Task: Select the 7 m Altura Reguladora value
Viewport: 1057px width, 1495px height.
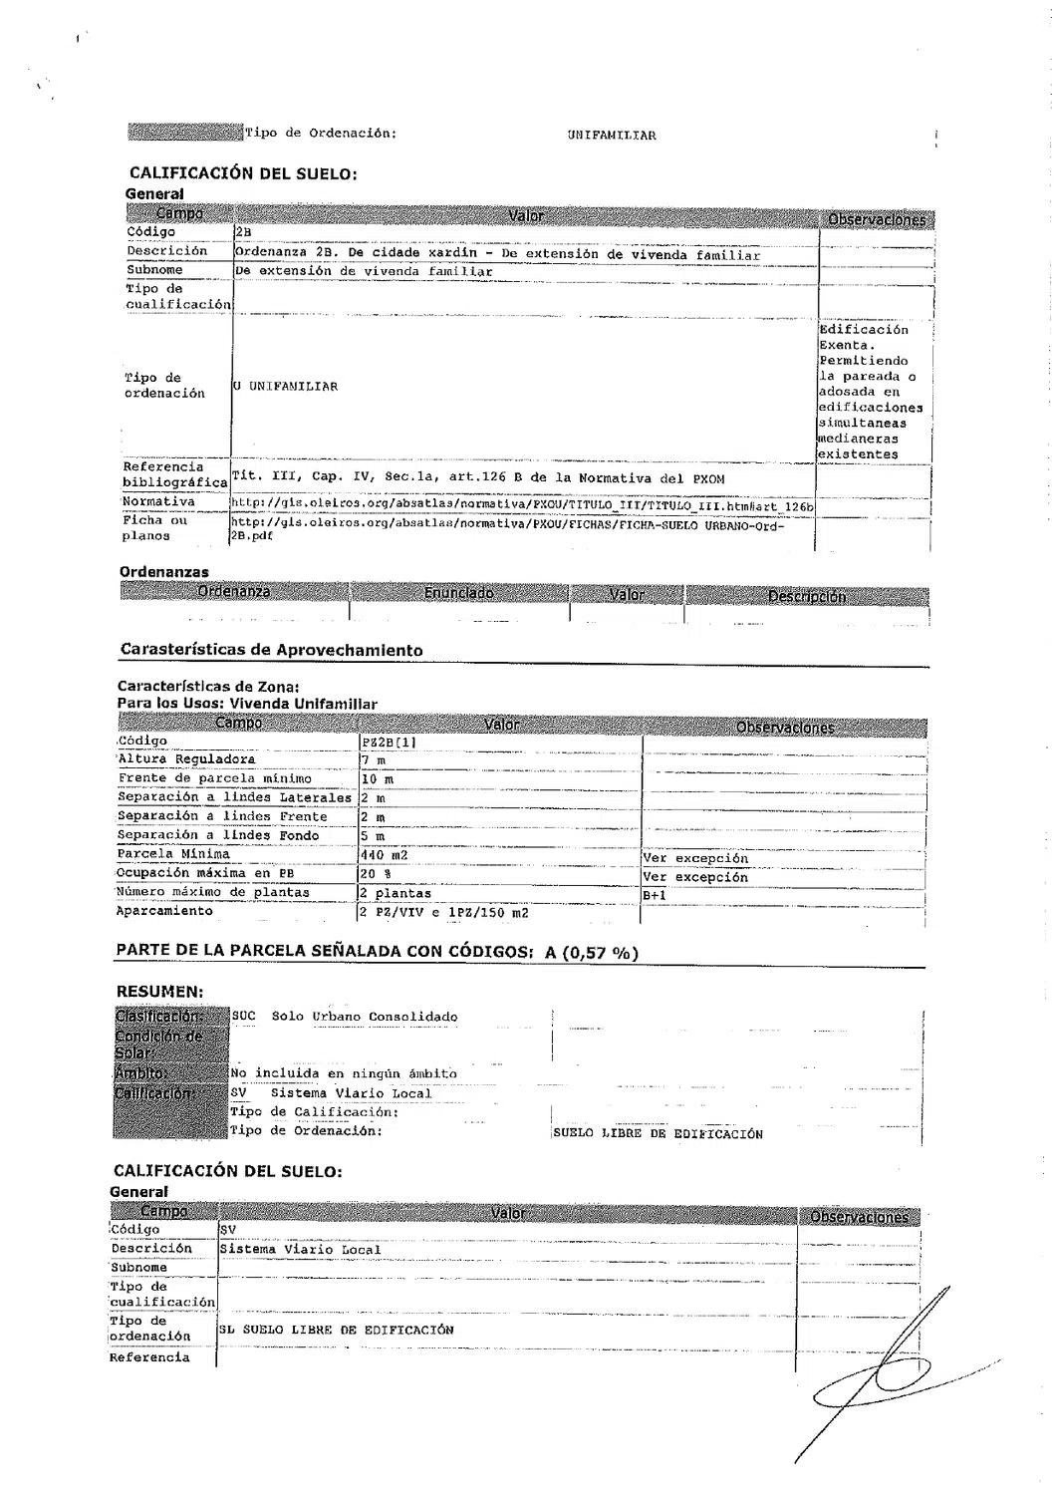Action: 374,760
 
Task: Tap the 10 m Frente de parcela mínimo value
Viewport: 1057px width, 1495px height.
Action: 378,779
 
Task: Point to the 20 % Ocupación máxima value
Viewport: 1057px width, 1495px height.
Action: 374,874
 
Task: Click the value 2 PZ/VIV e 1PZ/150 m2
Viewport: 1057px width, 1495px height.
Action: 444,913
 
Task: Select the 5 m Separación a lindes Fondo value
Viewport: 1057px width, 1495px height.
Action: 373,836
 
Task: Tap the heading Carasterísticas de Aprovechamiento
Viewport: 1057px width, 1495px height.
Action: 271,651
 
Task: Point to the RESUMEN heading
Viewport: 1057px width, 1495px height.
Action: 160,992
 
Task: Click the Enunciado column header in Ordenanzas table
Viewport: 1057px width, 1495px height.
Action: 458,594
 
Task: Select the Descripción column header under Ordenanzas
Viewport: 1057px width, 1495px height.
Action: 806,596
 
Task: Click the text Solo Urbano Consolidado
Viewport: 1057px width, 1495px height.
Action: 364,1018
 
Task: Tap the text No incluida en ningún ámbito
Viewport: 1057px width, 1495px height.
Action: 344,1074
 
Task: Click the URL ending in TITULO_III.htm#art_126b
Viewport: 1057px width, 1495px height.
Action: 522,506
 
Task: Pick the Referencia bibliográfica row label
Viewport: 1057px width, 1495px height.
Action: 163,474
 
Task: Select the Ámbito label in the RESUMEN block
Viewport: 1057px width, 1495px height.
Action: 140,1073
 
